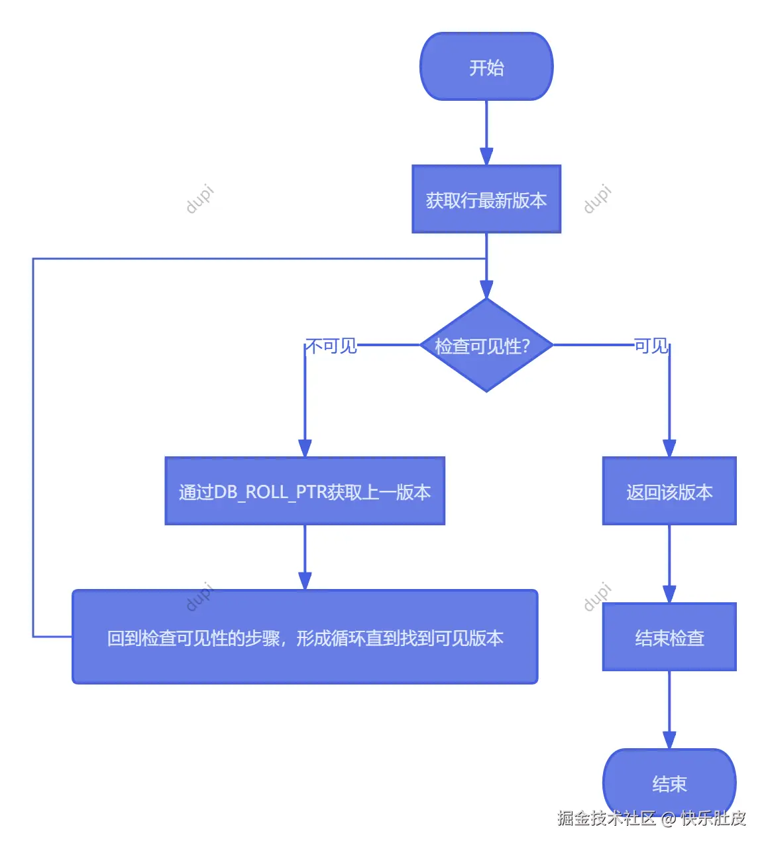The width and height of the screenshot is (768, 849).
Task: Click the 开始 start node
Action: (486, 67)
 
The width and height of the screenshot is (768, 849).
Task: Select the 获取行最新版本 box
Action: (486, 200)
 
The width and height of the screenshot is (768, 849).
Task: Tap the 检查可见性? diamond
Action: (486, 346)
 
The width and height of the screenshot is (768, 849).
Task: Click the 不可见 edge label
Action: (331, 346)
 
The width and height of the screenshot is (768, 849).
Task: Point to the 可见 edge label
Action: (651, 346)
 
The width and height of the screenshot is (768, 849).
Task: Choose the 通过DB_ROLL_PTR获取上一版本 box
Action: (305, 491)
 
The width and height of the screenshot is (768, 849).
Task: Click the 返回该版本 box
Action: (669, 491)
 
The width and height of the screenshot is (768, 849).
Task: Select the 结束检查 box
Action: (669, 637)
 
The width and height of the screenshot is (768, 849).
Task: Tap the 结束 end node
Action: (669, 783)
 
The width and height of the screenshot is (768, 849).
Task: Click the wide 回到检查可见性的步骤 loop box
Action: (305, 637)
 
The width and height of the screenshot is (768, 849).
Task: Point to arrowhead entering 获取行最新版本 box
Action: (486, 157)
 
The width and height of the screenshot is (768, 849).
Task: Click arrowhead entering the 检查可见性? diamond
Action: (486, 290)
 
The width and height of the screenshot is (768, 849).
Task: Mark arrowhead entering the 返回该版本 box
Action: (669, 449)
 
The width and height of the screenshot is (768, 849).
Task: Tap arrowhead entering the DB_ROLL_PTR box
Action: (305, 449)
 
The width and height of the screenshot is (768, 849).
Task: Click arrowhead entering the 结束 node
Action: (669, 741)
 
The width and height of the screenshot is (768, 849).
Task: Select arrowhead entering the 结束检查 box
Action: (669, 595)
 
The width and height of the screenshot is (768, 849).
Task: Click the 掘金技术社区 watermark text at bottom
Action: (606, 818)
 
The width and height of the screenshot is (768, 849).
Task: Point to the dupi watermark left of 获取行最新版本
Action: (199, 199)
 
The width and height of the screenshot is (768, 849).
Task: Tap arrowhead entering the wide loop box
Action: (305, 582)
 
